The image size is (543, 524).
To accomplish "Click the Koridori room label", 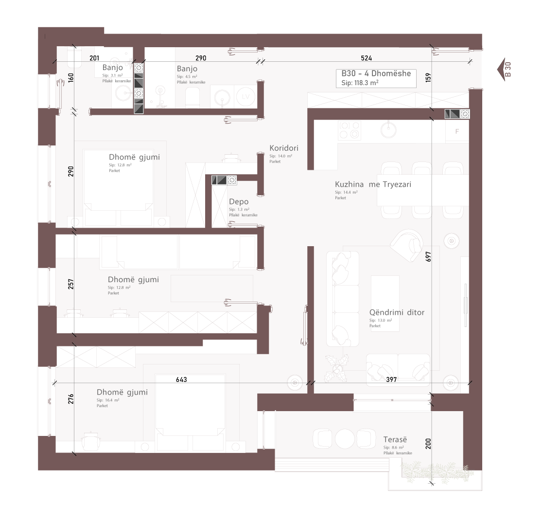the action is (283, 148).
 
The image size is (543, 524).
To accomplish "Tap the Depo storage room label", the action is (239, 202).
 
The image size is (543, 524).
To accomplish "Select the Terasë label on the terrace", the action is (395, 439).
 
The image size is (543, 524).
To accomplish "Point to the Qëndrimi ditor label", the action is (397, 312).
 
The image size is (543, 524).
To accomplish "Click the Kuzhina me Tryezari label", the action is (373, 184).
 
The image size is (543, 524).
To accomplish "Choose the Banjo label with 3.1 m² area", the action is (113, 68).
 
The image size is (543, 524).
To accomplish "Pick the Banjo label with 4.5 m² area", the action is (187, 69).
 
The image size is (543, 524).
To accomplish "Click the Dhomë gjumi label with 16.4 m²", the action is (122, 392).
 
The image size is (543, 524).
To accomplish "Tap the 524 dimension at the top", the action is (367, 58).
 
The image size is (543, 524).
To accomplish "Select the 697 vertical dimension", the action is (428, 256).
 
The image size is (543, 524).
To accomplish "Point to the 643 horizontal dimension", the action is (181, 379).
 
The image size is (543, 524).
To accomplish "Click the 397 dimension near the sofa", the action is (391, 379).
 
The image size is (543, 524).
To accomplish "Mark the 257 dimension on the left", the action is (71, 284).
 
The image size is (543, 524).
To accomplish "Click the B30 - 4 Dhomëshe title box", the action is (376, 78).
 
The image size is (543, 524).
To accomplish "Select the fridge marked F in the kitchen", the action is (457, 131).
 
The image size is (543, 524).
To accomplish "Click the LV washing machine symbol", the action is (245, 97).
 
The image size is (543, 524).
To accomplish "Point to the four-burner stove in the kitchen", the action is (350, 130).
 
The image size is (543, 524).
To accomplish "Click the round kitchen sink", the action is (388, 129).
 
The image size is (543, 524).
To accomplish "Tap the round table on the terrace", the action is (345, 439).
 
